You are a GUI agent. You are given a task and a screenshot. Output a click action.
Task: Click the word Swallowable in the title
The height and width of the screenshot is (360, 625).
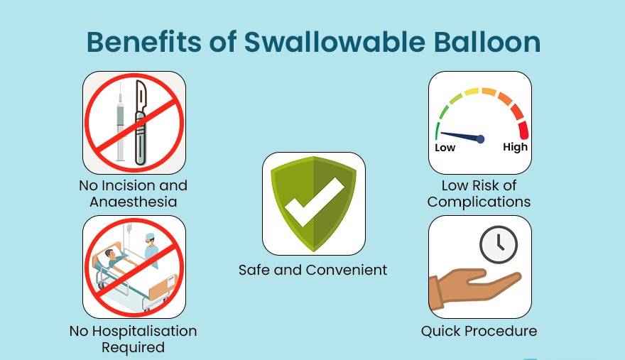[333, 43]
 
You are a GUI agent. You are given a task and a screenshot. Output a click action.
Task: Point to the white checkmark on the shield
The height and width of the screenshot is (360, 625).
[313, 202]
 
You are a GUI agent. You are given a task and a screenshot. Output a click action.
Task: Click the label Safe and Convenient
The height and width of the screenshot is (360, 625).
[312, 270]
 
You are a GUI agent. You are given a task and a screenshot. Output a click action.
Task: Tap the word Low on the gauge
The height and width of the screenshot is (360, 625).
[445, 148]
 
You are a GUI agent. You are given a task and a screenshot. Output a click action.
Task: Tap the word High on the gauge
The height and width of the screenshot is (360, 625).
[515, 147]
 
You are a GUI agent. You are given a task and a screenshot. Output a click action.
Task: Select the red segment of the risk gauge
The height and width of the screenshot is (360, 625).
[523, 129]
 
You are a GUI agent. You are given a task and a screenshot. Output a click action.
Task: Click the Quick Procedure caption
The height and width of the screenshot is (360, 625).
[479, 331]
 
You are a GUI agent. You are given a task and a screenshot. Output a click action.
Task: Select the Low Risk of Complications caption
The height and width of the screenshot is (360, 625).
[479, 194]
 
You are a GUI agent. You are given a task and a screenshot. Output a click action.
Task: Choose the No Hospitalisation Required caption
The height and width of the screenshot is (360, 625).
[133, 339]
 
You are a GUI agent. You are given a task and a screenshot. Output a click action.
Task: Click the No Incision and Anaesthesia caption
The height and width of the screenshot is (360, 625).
[134, 194]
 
